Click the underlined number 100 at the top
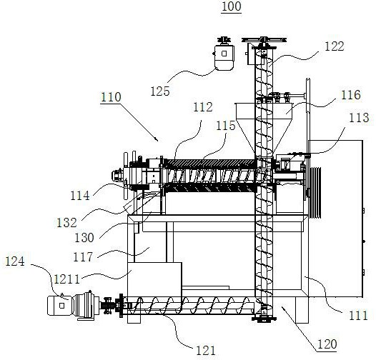(x=231, y=6)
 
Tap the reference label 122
(x=335, y=46)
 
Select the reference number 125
(x=160, y=91)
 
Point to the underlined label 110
(x=111, y=97)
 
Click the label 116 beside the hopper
(x=350, y=95)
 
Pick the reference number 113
(x=359, y=118)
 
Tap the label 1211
(x=66, y=279)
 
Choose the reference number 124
(x=15, y=261)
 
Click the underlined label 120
(x=327, y=344)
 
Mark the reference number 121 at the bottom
(x=206, y=351)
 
